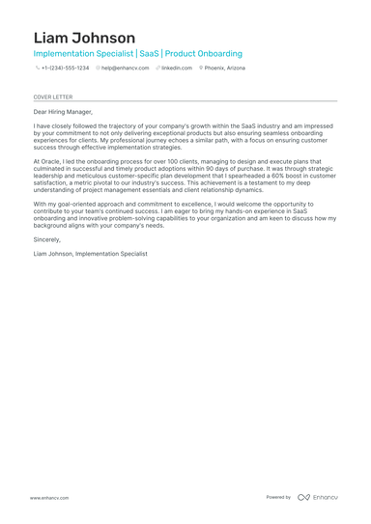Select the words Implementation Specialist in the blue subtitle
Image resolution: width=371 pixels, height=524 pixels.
(82, 54)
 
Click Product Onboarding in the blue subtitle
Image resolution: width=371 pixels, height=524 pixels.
(204, 54)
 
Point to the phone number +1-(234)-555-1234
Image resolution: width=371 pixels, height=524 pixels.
(65, 69)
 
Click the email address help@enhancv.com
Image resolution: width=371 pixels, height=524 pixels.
(126, 69)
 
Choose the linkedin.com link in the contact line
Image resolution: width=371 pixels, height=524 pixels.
(177, 69)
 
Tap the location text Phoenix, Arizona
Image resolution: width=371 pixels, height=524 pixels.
(225, 69)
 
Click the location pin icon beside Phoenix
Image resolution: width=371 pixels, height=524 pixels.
(201, 69)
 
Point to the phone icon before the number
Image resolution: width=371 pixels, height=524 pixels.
(37, 69)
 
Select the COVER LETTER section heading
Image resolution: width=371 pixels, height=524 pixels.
(52, 97)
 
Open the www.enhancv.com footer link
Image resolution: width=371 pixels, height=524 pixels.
(48, 498)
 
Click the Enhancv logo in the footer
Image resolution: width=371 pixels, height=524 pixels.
(318, 498)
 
